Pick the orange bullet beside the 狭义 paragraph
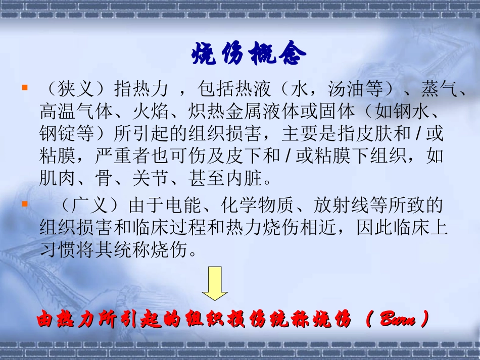tap(24, 87)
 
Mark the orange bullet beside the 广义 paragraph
tap(24, 204)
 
